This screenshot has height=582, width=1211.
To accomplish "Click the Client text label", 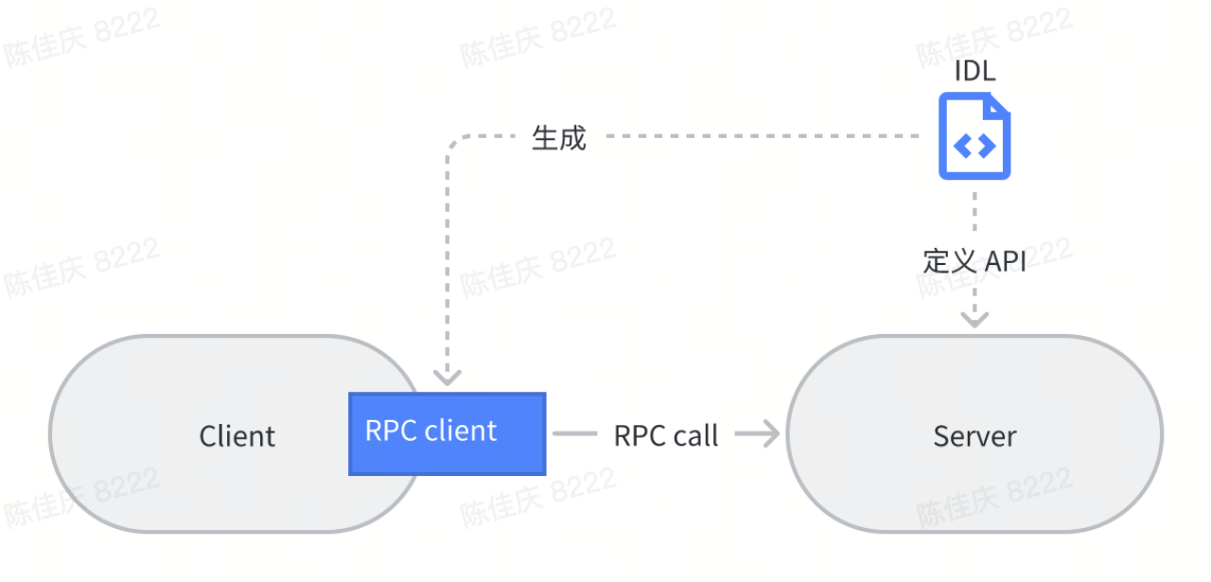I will [x=237, y=436].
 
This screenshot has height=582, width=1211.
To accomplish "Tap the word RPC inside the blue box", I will [x=391, y=431].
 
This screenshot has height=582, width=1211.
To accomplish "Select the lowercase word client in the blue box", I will [x=460, y=431].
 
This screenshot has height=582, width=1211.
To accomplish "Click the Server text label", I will [x=974, y=436].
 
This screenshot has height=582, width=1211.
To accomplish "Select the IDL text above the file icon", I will [x=974, y=71].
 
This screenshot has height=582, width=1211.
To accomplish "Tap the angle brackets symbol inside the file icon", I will [x=974, y=146].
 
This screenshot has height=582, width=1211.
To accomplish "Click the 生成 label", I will [x=558, y=137].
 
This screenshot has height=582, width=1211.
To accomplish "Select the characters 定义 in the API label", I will [x=949, y=261].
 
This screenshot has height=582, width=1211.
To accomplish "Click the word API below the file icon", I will [x=1005, y=261].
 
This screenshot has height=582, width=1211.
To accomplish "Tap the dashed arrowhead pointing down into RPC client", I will [x=448, y=377].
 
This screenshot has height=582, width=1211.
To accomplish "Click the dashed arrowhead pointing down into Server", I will [x=974, y=319].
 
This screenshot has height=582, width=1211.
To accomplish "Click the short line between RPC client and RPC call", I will [x=573, y=434].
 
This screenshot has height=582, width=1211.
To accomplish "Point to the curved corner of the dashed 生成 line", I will [x=453, y=143].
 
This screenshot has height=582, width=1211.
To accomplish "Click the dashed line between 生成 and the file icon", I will [x=757, y=136].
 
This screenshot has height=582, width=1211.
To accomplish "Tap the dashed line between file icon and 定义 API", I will [x=974, y=213].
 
